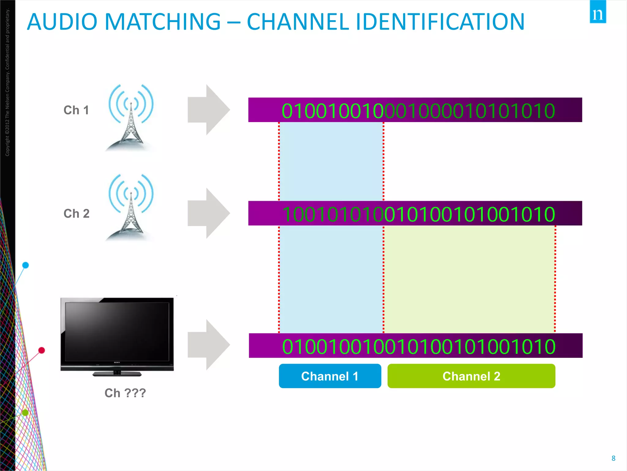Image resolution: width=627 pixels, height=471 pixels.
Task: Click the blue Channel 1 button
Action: tap(330, 376)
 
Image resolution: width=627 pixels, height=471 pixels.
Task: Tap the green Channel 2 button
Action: tap(471, 376)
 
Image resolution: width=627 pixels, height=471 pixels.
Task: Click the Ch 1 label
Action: tap(76, 110)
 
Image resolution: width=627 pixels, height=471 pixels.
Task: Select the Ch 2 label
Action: tap(76, 213)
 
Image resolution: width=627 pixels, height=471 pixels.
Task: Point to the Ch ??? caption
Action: tap(125, 393)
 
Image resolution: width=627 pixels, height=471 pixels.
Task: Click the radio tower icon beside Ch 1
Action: tap(131, 118)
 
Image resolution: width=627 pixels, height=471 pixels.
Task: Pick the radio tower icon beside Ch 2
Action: tap(131, 208)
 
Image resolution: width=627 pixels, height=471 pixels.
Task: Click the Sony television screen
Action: tap(117, 331)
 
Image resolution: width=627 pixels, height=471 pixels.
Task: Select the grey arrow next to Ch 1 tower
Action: tap(208, 110)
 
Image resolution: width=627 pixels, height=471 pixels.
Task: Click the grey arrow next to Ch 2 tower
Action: tap(208, 213)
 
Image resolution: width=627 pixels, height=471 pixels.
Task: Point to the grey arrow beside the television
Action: tap(208, 345)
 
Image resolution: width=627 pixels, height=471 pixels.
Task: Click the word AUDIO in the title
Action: tap(62, 22)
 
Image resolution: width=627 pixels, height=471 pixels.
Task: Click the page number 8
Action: tap(613, 458)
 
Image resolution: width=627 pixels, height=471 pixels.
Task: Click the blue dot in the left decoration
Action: tap(26, 265)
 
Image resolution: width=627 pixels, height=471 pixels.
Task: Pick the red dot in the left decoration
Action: tap(42, 350)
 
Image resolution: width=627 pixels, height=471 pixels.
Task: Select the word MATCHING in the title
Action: tap(163, 22)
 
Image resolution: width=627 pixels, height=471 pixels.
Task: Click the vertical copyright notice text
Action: tap(7, 83)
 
